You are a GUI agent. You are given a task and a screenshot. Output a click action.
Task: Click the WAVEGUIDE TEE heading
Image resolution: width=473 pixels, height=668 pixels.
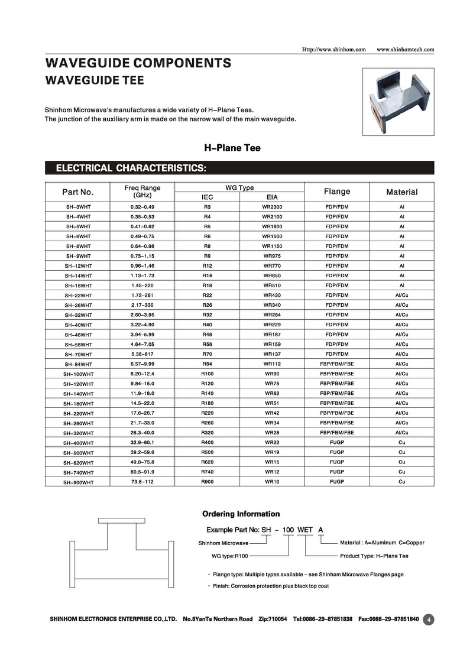(x=95, y=80)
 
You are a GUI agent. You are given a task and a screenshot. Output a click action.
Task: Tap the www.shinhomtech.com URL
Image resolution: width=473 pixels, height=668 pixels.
(x=405, y=49)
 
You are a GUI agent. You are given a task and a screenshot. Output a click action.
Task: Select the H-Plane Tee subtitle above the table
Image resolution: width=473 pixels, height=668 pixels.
(x=232, y=148)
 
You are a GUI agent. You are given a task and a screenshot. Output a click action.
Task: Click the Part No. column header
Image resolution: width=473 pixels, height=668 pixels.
(x=78, y=192)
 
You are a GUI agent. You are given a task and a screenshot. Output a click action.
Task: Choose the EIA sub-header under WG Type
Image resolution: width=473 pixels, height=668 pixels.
(x=272, y=197)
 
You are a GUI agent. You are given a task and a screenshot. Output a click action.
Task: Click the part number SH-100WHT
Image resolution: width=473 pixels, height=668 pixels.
(x=78, y=374)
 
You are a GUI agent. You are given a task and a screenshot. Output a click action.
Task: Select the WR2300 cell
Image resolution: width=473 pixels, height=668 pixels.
(x=272, y=207)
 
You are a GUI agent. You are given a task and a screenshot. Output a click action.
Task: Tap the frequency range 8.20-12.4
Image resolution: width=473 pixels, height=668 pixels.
(x=142, y=374)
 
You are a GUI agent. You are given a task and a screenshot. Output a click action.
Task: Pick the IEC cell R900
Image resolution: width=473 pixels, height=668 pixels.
(x=207, y=482)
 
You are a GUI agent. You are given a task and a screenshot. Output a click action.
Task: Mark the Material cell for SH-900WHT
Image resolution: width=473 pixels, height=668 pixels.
(x=401, y=482)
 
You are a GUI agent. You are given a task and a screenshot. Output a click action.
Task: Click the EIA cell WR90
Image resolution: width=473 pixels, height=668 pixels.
(x=272, y=374)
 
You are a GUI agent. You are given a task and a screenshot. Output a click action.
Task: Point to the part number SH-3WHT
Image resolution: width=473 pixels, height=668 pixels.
(x=78, y=207)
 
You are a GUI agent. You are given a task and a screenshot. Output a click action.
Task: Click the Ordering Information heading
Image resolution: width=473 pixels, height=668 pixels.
(x=241, y=514)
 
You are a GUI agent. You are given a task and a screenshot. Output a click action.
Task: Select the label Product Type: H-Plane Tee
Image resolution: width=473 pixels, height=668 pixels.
(x=374, y=556)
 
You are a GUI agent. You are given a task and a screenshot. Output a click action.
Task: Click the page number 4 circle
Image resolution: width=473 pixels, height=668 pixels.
(x=429, y=620)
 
